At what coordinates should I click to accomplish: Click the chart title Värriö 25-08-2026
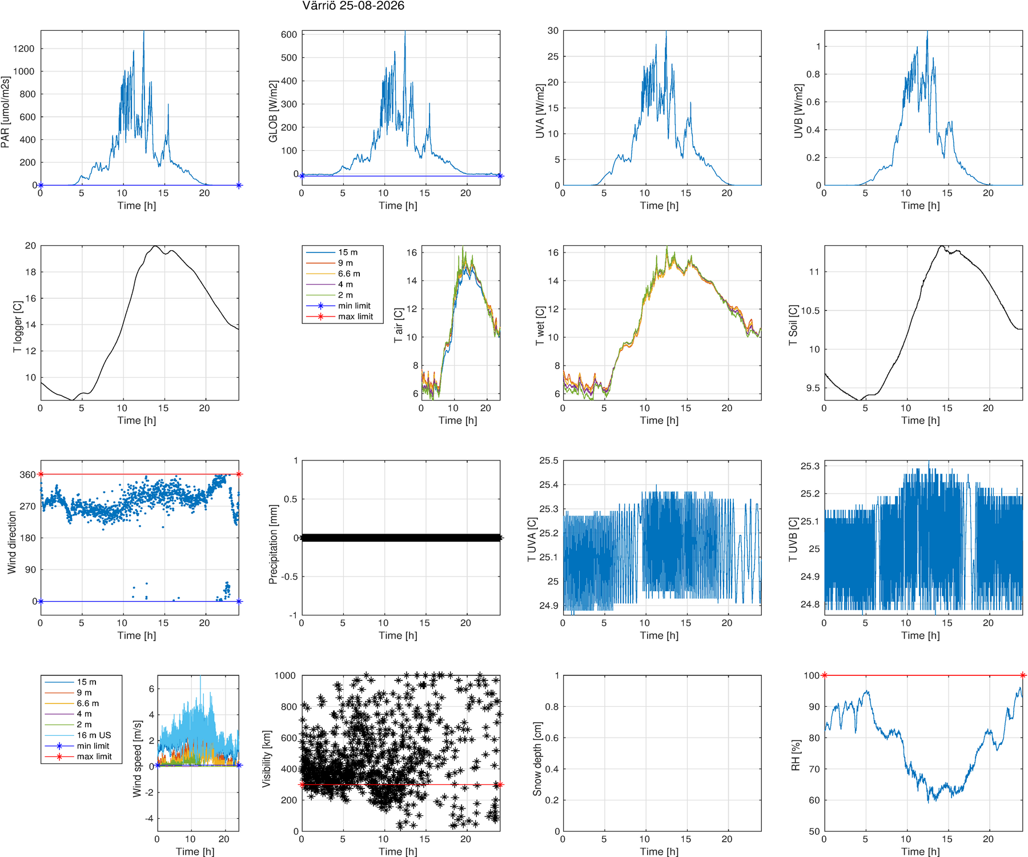(353, 6)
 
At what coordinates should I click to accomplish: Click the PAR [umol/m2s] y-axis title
(6, 112)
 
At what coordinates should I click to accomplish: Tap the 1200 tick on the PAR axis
(24, 49)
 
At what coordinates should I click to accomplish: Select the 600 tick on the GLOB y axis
(289, 34)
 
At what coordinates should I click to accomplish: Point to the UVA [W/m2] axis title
(540, 111)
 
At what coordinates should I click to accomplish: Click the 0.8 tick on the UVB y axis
(813, 74)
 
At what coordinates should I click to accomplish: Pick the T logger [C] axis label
(18, 326)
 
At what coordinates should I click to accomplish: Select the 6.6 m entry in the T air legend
(349, 274)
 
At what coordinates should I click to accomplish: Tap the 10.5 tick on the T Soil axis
(810, 311)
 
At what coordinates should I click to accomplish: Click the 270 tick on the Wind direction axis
(28, 506)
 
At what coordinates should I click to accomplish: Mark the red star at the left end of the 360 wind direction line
(41, 474)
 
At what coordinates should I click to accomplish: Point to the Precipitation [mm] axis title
(273, 544)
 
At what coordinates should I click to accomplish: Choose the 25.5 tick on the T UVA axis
(549, 460)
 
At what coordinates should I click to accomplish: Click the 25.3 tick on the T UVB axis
(810, 466)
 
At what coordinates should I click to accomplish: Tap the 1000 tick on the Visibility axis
(285, 675)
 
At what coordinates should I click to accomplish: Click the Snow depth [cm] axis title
(537, 759)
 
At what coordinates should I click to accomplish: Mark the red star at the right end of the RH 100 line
(1022, 675)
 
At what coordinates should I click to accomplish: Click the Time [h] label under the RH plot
(921, 851)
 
